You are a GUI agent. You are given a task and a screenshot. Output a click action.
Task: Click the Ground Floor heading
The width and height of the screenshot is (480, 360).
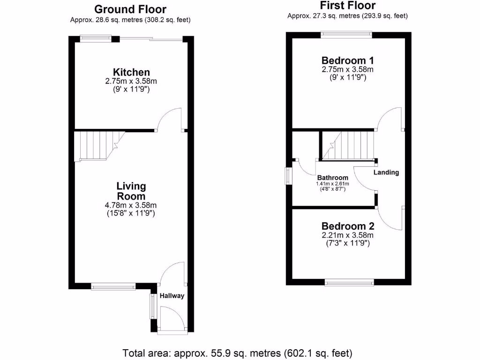pyautogui.click(x=130, y=9)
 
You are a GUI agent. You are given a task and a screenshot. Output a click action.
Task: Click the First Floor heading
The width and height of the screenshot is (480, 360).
pyautogui.click(x=347, y=6)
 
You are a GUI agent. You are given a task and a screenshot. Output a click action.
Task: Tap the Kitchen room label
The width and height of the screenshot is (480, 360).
pyautogui.click(x=131, y=72)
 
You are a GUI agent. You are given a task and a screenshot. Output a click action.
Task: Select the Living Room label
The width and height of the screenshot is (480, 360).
pyautogui.click(x=131, y=191)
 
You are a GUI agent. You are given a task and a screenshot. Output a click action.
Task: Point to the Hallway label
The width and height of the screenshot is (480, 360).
pyautogui.click(x=172, y=296)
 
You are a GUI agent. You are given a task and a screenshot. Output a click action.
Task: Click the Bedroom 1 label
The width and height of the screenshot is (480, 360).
pyautogui.click(x=347, y=60)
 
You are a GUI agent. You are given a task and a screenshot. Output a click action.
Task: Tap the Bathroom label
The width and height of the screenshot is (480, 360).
pyautogui.click(x=333, y=178)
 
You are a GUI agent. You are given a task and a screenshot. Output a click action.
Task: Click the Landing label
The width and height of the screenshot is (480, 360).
pyautogui.click(x=386, y=172)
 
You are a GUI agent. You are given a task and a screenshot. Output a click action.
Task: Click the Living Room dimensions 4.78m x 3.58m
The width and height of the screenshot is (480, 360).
pyautogui.click(x=131, y=205)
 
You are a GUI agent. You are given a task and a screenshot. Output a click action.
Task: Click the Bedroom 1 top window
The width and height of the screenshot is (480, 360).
pyautogui.click(x=346, y=34)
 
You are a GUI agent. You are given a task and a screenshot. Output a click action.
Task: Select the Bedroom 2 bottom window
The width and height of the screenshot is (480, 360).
pyautogui.click(x=350, y=282)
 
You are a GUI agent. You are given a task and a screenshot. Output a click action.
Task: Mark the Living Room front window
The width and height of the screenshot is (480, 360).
pyautogui.click(x=113, y=286)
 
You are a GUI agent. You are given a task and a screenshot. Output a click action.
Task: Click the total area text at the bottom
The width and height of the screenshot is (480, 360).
pyautogui.click(x=237, y=352)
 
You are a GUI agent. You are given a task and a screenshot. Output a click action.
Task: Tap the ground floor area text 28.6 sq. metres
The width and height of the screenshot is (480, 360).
pyautogui.click(x=130, y=20)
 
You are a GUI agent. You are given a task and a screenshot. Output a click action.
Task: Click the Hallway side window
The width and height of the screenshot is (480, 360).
pyautogui.click(x=152, y=306)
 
